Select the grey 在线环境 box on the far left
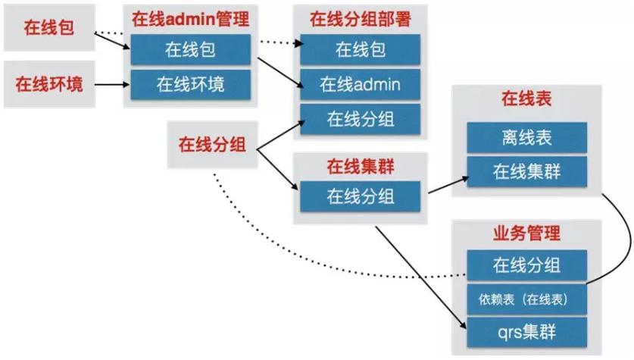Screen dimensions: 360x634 48,83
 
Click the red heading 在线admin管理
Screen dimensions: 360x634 191,19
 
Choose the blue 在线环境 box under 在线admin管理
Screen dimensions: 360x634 191,83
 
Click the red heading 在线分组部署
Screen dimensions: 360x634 360,19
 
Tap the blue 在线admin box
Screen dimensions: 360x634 360,83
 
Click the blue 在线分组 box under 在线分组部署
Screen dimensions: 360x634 360,117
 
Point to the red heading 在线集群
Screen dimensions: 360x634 360,165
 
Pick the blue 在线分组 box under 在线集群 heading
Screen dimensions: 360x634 360,196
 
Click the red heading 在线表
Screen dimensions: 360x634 526,99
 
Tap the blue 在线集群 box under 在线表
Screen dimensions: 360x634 526,171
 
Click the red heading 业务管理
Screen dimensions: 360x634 526,233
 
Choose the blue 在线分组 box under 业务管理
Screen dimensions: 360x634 526,265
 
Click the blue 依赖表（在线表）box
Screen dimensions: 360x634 526,299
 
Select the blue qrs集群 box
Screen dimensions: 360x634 526,331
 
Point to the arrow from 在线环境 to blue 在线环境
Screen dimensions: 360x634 112,83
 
